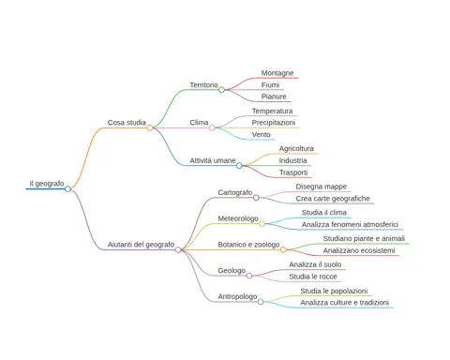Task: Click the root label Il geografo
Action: (47, 184)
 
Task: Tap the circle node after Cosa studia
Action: (150, 127)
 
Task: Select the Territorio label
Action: (203, 85)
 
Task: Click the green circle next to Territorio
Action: (221, 90)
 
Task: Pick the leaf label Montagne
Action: (277, 73)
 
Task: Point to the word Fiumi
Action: (270, 85)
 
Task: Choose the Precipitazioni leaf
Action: (274, 123)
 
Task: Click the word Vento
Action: (262, 135)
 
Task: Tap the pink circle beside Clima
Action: (212, 127)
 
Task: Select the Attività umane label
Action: (213, 160)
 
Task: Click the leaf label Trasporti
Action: (293, 172)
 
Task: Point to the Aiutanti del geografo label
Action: (141, 245)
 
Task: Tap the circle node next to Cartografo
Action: (256, 198)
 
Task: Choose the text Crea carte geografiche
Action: (333, 199)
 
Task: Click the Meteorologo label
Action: (238, 218)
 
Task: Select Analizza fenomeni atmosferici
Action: (350, 225)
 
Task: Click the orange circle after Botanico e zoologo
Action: (283, 249)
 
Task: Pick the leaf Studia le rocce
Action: (313, 277)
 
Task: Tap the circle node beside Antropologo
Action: (261, 302)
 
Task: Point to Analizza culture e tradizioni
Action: (345, 303)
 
